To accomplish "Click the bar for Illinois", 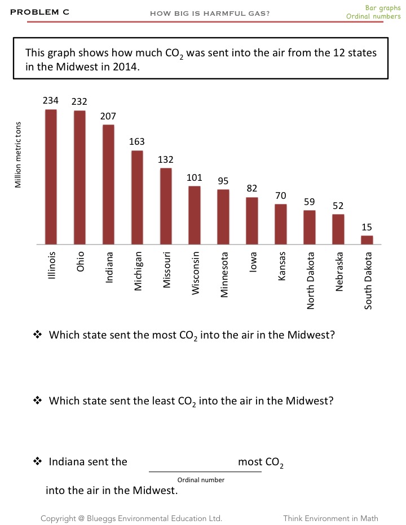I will point(51,177).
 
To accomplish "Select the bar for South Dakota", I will point(367,240).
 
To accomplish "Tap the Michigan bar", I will point(137,197).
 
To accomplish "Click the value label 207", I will point(108,116).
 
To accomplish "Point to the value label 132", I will point(166,160).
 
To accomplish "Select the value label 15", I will point(367,227).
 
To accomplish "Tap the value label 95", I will point(223,181).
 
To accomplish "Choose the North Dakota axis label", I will point(310,280).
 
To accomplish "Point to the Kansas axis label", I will point(281,266).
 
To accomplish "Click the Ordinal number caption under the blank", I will point(201,480).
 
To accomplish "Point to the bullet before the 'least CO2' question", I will point(38,401).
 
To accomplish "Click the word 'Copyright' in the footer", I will point(60,518).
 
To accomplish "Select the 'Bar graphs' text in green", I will point(383,8).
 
